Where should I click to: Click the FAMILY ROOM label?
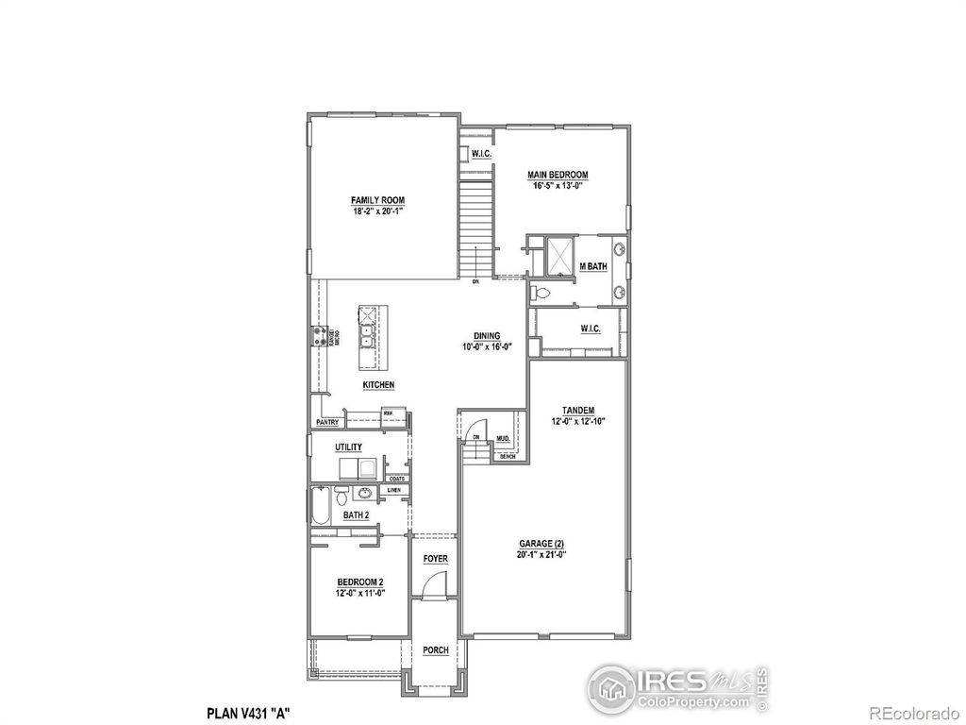click(x=377, y=200)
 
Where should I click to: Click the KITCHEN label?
click(x=378, y=385)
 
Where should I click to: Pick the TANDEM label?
click(x=577, y=410)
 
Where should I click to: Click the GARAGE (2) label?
click(x=541, y=544)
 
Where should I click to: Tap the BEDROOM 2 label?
click(x=359, y=582)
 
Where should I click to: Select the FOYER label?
click(x=435, y=560)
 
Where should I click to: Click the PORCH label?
click(x=435, y=650)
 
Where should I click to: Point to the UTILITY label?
click(x=348, y=447)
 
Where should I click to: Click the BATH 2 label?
click(x=355, y=515)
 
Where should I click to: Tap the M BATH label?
click(x=592, y=267)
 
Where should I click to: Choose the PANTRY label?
click(x=326, y=423)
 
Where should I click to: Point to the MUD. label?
click(x=503, y=439)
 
